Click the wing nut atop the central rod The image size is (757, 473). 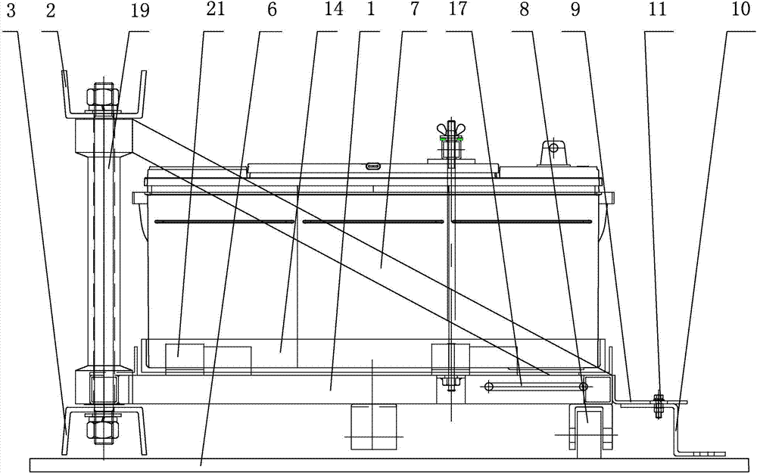[x=452, y=128]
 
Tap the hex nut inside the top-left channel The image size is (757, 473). [x=101, y=96]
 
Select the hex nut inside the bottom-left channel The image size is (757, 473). [x=101, y=429]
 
